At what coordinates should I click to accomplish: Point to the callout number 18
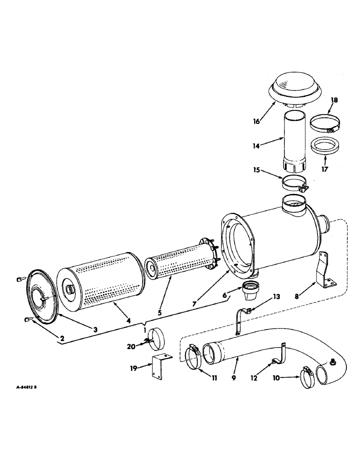click(334, 100)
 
